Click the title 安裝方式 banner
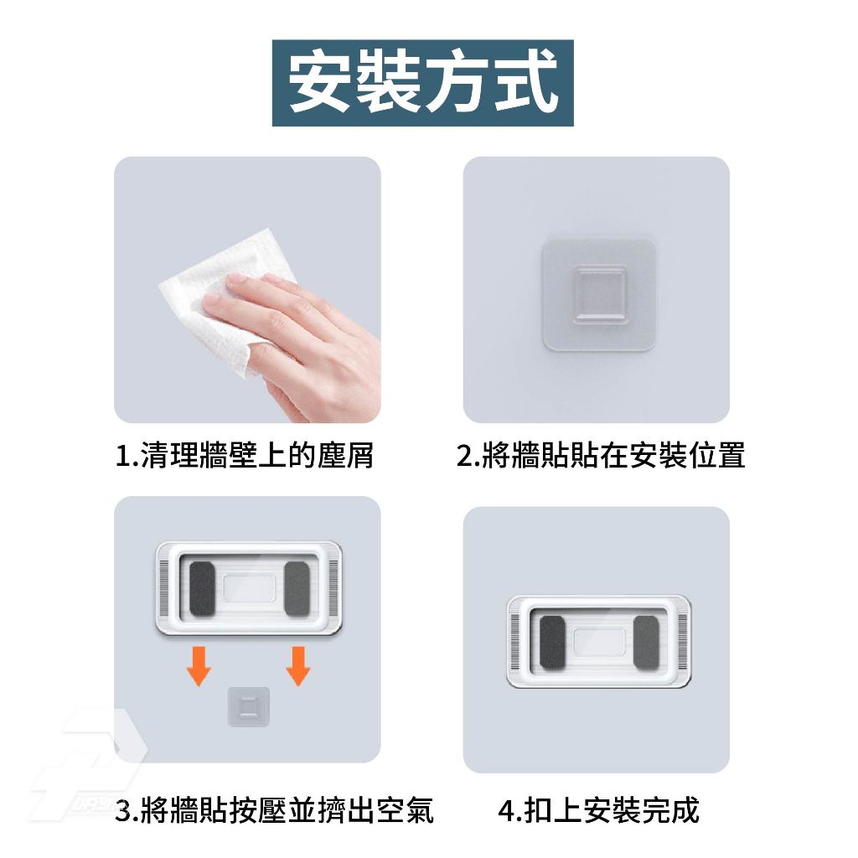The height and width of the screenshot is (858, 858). point(422,83)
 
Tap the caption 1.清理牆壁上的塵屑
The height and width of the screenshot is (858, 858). point(244,455)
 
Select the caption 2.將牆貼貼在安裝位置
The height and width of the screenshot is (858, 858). point(601,455)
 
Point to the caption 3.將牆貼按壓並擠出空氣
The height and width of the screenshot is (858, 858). point(275,810)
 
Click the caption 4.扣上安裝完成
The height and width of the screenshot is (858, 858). point(598,810)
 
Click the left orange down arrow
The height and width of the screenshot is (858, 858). point(199,666)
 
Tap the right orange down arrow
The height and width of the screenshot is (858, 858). point(298,666)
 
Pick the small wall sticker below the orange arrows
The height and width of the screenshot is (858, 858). point(248,707)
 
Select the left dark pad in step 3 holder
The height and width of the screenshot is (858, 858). point(202,588)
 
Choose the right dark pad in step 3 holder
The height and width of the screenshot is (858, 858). point(297,588)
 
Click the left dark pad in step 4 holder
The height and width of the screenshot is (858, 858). point(552,642)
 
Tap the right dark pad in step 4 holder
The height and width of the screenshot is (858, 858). point(646,642)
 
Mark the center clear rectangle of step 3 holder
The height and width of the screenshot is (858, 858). point(250,588)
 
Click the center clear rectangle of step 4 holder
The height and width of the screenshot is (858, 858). point(599,642)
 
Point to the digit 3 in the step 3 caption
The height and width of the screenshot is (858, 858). point(124,811)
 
